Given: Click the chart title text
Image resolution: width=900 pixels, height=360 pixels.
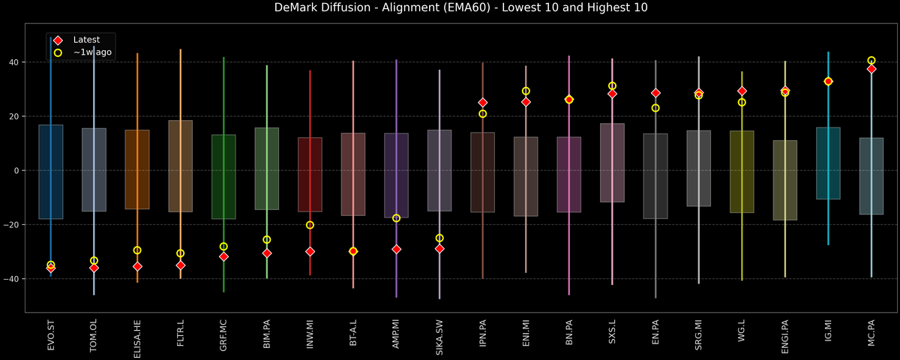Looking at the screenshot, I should [450, 8].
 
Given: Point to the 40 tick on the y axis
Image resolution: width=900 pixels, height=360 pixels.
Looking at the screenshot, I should [14, 62].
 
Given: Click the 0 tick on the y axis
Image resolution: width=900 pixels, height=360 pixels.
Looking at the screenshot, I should [17, 171].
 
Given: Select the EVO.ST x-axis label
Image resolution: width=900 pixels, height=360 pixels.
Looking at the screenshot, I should [51, 333].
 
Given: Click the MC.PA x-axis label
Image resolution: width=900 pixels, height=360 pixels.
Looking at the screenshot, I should [871, 333].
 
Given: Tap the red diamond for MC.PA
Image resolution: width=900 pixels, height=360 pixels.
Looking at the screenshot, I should [871, 69].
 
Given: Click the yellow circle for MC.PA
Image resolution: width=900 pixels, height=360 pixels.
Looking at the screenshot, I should [871, 61].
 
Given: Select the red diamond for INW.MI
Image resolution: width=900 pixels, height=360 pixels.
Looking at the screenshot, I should [310, 252].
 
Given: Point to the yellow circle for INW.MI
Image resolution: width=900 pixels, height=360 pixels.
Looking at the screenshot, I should [310, 225].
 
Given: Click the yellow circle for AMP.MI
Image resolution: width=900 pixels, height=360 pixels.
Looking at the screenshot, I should [397, 218].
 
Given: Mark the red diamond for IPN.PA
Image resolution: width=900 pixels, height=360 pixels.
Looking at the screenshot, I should [483, 103].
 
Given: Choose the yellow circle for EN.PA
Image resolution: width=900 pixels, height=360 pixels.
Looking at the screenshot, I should [655, 108].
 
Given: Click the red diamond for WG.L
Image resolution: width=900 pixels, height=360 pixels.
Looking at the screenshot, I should [742, 91].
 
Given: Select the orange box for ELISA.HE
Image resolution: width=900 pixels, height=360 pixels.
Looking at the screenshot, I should [137, 169].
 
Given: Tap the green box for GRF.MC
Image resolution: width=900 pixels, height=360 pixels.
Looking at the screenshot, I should [223, 177].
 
